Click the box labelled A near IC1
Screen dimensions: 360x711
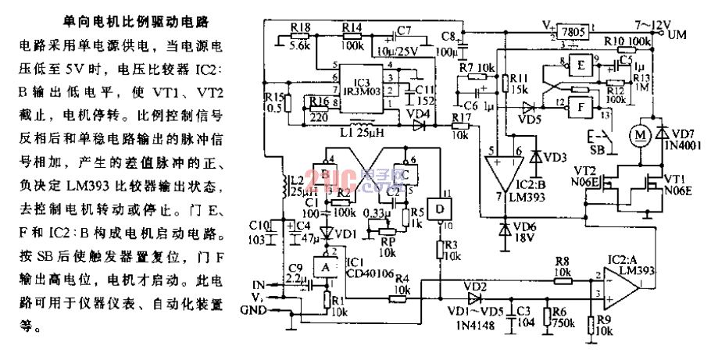323,267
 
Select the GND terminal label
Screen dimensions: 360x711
261,309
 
